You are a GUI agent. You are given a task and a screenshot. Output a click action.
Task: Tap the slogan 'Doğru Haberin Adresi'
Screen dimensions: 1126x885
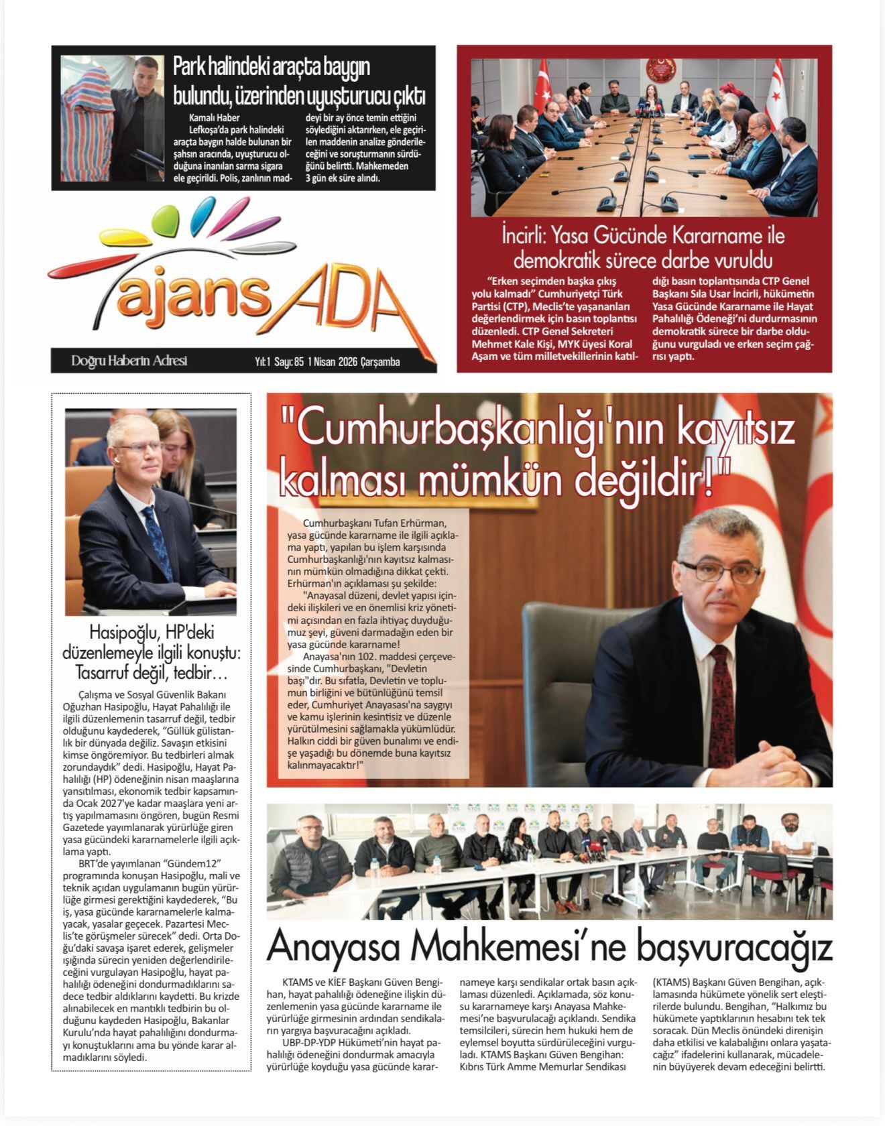coord(129,361)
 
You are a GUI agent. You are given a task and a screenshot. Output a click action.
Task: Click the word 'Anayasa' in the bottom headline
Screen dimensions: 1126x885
coord(333,948)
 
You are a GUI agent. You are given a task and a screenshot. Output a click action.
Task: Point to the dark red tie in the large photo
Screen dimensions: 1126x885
coord(722,697)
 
